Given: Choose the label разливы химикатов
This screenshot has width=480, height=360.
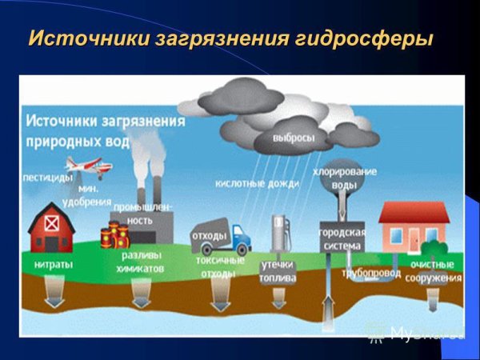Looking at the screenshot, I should pyautogui.click(x=142, y=263).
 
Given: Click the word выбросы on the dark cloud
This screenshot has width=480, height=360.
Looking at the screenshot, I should pyautogui.click(x=293, y=138).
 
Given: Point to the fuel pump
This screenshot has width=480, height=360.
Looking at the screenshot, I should pyautogui.click(x=278, y=233).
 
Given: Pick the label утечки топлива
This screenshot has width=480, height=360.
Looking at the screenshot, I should pyautogui.click(x=278, y=270).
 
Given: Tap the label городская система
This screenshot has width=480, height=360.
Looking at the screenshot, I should pyautogui.click(x=343, y=239).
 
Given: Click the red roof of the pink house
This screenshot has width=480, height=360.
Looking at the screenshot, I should pyautogui.click(x=414, y=211).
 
